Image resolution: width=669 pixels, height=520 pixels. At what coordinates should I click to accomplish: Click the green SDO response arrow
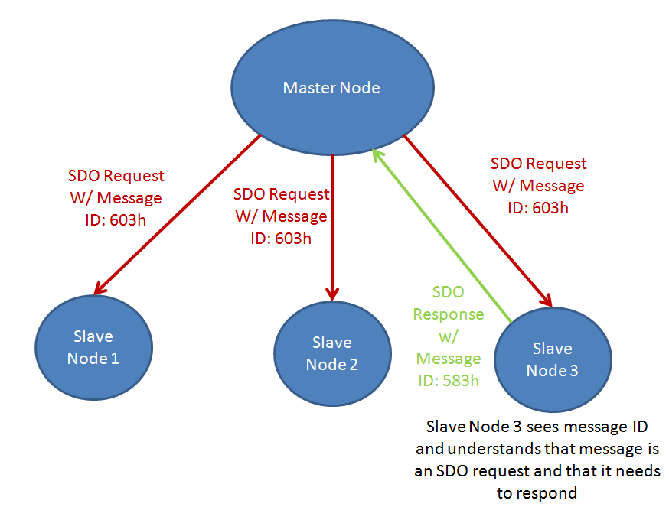tap(444, 237)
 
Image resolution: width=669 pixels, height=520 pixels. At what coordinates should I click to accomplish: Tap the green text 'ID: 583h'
tap(448, 380)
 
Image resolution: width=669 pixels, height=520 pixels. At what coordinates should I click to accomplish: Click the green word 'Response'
tap(448, 314)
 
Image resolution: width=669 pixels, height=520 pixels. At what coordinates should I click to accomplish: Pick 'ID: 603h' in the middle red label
tap(281, 238)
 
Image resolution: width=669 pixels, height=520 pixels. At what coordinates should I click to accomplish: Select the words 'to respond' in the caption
tap(536, 492)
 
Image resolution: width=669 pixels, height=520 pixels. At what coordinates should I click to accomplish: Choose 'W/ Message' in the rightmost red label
tap(537, 186)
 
